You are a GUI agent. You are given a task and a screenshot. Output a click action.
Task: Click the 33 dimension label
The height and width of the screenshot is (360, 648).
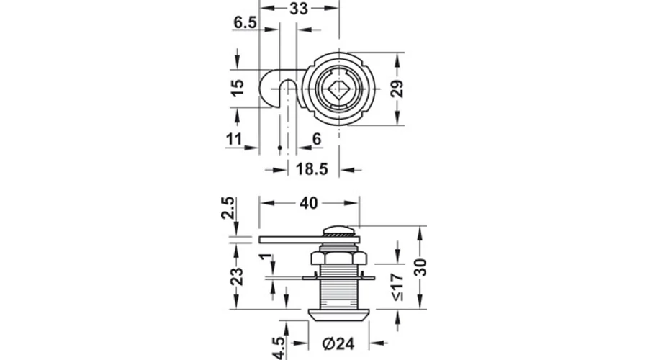(298, 8)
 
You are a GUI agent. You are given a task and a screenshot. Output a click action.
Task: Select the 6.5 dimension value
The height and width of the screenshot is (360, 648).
(245, 22)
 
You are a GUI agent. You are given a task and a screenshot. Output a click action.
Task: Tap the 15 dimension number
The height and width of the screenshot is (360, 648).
(237, 88)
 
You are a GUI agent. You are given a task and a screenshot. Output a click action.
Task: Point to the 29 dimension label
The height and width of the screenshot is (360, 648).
(397, 89)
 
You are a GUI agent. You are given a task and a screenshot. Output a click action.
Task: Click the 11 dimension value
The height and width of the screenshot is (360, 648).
(234, 139)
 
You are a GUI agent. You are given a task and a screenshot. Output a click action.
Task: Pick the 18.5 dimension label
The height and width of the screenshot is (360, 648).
(312, 169)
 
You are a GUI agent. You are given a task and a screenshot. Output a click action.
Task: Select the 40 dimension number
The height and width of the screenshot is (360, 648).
(309, 203)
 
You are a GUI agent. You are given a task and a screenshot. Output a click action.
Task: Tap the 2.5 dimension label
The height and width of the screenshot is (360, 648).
(228, 208)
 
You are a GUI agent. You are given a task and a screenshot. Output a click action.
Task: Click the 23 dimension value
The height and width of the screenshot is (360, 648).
(237, 276)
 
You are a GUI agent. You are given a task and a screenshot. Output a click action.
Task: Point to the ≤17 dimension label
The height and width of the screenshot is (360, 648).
(397, 287)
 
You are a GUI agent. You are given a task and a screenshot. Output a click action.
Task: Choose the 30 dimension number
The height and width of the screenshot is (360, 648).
(420, 267)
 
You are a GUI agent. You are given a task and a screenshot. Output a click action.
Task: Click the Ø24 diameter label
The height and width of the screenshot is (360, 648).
(338, 343)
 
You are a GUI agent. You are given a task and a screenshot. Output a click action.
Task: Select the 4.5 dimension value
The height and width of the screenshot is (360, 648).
(279, 348)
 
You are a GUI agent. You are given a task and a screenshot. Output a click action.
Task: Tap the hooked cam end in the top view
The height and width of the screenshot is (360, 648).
(273, 88)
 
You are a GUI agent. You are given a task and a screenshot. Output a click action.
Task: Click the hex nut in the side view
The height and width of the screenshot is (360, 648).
(338, 258)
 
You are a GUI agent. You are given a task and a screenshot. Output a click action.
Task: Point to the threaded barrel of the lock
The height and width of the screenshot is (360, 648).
(338, 287)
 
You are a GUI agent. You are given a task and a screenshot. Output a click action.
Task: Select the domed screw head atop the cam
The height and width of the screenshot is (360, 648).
(338, 230)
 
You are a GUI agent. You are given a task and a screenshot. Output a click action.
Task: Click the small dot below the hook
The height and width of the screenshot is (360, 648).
(280, 148)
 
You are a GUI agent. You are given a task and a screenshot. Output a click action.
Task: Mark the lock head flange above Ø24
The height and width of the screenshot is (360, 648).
(338, 315)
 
